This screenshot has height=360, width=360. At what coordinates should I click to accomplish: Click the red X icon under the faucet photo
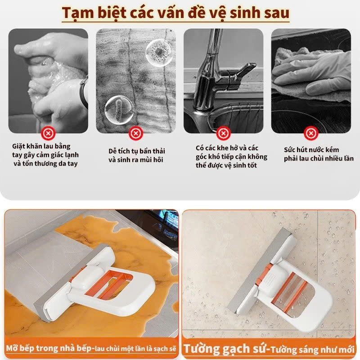(223, 133)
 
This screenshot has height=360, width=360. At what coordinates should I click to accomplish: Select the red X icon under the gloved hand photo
(310, 133)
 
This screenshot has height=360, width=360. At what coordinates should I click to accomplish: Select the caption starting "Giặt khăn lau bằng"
(45, 155)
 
